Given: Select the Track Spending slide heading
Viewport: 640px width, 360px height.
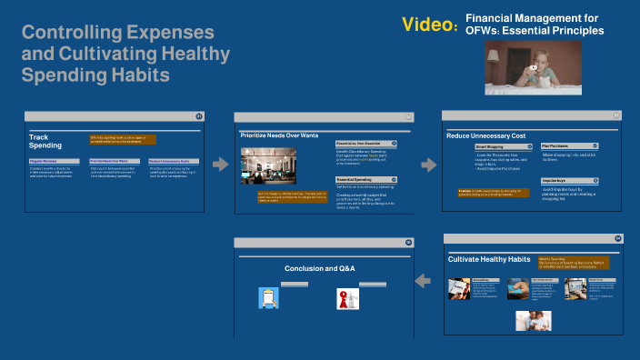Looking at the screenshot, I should pyautogui.click(x=45, y=141).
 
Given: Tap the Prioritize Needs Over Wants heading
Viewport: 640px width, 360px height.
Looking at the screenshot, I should pyautogui.click(x=279, y=135).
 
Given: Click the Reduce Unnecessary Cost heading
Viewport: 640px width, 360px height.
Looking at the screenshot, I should pyautogui.click(x=485, y=135).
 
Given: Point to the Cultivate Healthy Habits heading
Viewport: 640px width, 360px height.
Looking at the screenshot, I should pyautogui.click(x=489, y=259).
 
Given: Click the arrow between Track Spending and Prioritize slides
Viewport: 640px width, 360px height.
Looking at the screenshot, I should pyautogui.click(x=219, y=165).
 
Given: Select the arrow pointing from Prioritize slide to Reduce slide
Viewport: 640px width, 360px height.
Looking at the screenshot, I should pyautogui.click(x=428, y=165).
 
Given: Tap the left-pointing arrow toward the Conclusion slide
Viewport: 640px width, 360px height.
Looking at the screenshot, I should pyautogui.click(x=423, y=282).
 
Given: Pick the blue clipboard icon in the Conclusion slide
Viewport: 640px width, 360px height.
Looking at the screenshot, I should pyautogui.click(x=268, y=298).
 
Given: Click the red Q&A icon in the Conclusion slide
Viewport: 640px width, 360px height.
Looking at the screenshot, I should pyautogui.click(x=345, y=298).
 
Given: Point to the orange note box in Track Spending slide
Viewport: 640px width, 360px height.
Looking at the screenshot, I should pyautogui.click(x=123, y=140).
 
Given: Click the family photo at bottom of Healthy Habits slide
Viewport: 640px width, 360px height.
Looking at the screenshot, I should pyautogui.click(x=534, y=320).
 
